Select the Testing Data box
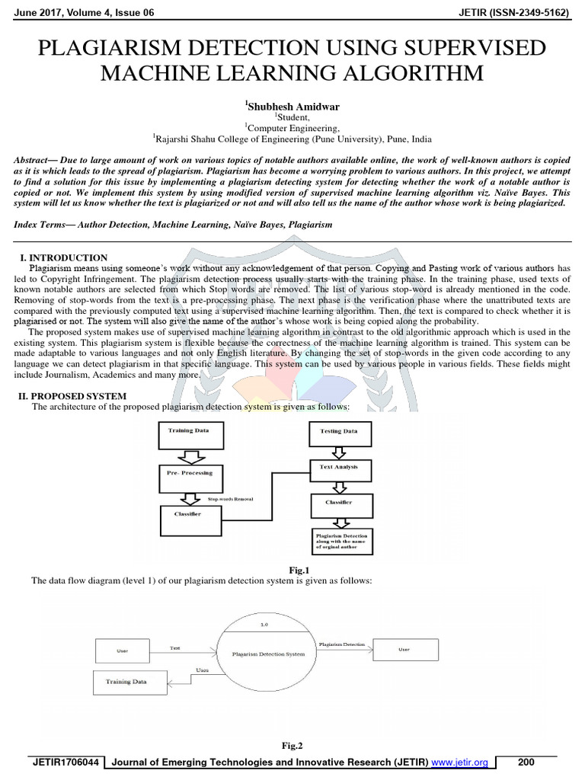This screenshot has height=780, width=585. point(340,435)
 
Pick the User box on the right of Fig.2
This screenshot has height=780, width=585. point(403,650)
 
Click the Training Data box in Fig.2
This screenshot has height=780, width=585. point(127,682)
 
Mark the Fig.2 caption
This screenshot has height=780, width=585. point(292,746)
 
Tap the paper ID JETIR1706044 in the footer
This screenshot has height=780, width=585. point(64,762)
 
